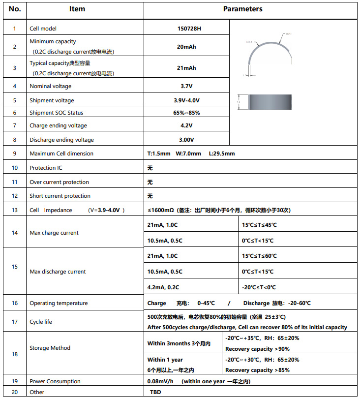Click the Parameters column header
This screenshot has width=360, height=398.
point(242,9)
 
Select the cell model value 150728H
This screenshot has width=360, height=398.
point(189,29)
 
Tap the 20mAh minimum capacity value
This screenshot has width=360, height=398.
point(186,47)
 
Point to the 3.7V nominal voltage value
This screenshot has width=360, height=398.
point(186,86)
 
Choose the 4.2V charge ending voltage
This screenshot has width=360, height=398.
point(186,125)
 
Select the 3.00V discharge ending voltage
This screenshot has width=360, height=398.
point(186,140)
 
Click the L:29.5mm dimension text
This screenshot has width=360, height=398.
point(222,153)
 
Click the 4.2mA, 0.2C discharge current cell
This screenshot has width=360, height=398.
point(163,287)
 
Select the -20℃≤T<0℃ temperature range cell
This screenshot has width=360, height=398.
point(259,287)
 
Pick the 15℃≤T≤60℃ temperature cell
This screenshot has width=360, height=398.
point(259,256)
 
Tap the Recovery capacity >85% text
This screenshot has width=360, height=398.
point(257,370)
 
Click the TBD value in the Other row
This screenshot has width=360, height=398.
point(155,392)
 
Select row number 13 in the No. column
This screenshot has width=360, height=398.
point(15,210)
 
